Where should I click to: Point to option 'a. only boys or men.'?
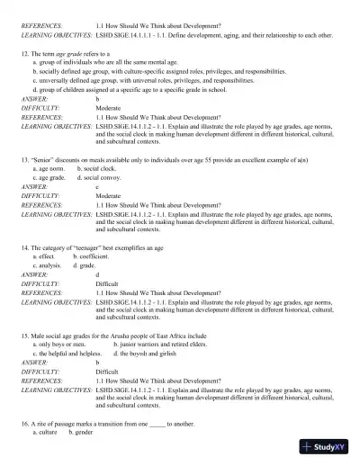[59, 343]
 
